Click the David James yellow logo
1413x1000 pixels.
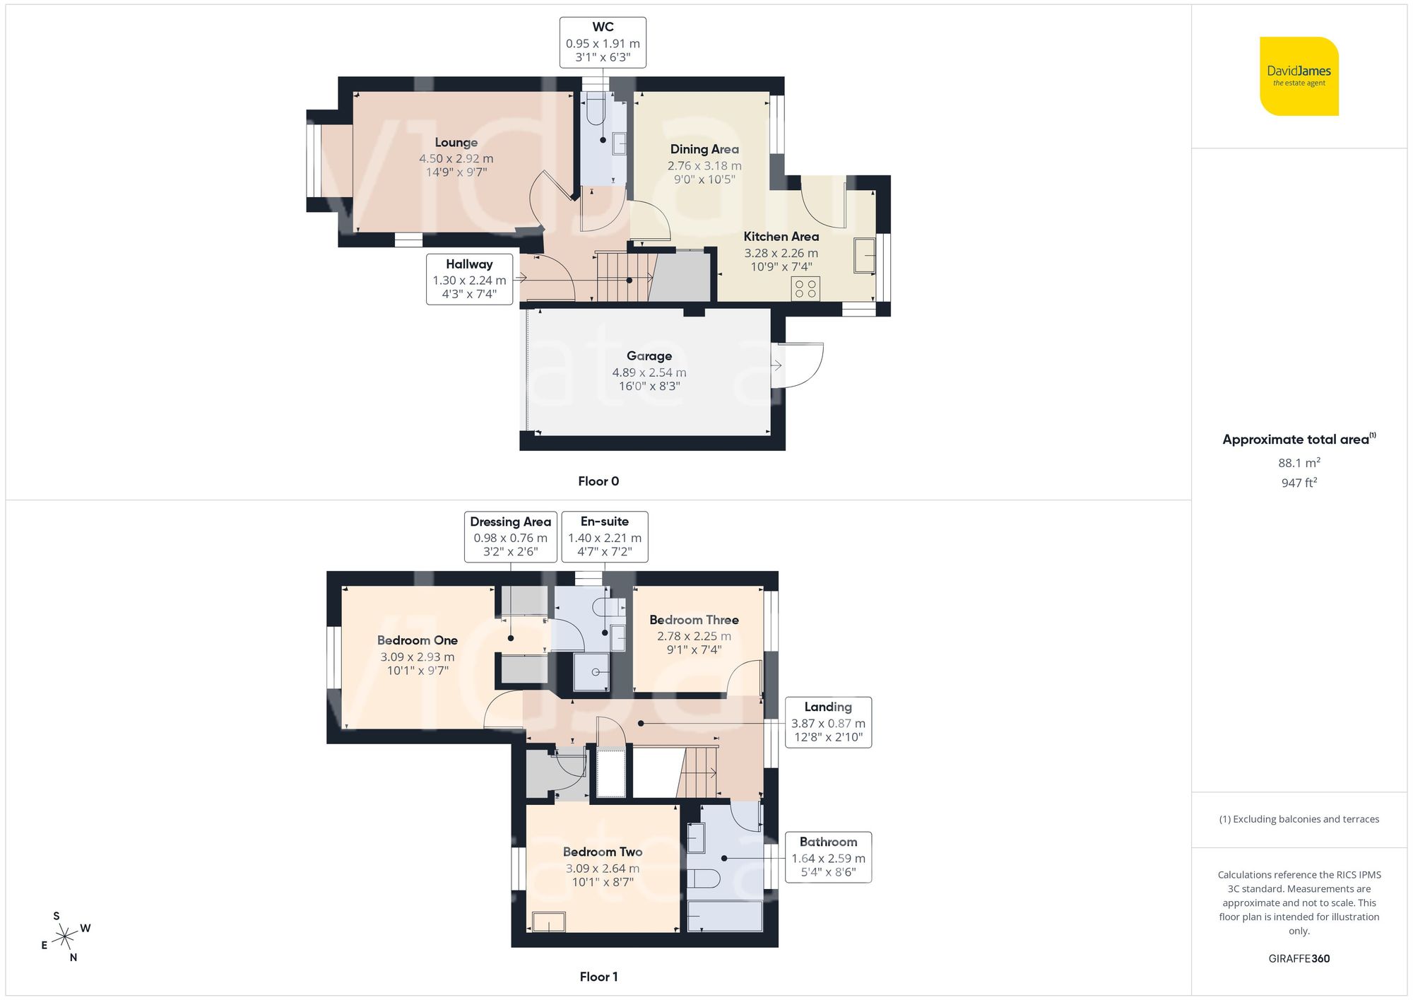pyautogui.click(x=1299, y=76)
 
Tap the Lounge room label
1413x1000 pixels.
pyautogui.click(x=456, y=143)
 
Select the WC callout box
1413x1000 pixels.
pyautogui.click(x=603, y=42)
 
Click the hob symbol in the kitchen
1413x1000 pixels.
pyautogui.click(x=805, y=288)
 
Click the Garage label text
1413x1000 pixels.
pyautogui.click(x=649, y=356)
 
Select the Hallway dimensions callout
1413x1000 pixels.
pyautogui.click(x=469, y=279)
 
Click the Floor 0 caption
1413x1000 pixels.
pyautogui.click(x=598, y=481)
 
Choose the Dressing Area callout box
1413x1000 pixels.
pyautogui.click(x=510, y=536)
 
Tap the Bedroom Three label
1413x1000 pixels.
pyautogui.click(x=694, y=620)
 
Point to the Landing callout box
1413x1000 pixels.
pyautogui.click(x=828, y=722)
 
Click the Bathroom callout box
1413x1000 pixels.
pyautogui.click(x=828, y=857)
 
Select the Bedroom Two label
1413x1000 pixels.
pyautogui.click(x=602, y=852)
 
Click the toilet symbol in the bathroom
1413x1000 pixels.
pyautogui.click(x=704, y=878)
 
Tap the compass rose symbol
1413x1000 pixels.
pyautogui.click(x=65, y=937)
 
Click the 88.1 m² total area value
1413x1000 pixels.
pyautogui.click(x=1299, y=463)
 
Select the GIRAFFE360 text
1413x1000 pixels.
pyautogui.click(x=1299, y=959)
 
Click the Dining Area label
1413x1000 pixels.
pyautogui.click(x=704, y=149)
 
